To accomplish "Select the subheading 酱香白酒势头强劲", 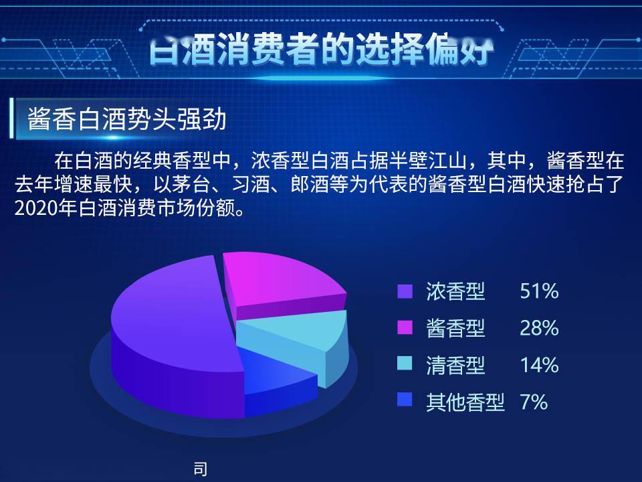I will point(127,120).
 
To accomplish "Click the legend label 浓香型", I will point(455,291).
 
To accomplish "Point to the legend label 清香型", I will point(455,365).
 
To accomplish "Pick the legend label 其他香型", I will point(465,402).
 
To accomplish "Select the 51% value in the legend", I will point(538,291).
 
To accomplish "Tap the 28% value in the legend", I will point(538,328).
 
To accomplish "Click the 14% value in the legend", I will point(538,365).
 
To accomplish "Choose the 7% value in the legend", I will point(534,402).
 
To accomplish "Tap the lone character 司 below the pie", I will point(200,469).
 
